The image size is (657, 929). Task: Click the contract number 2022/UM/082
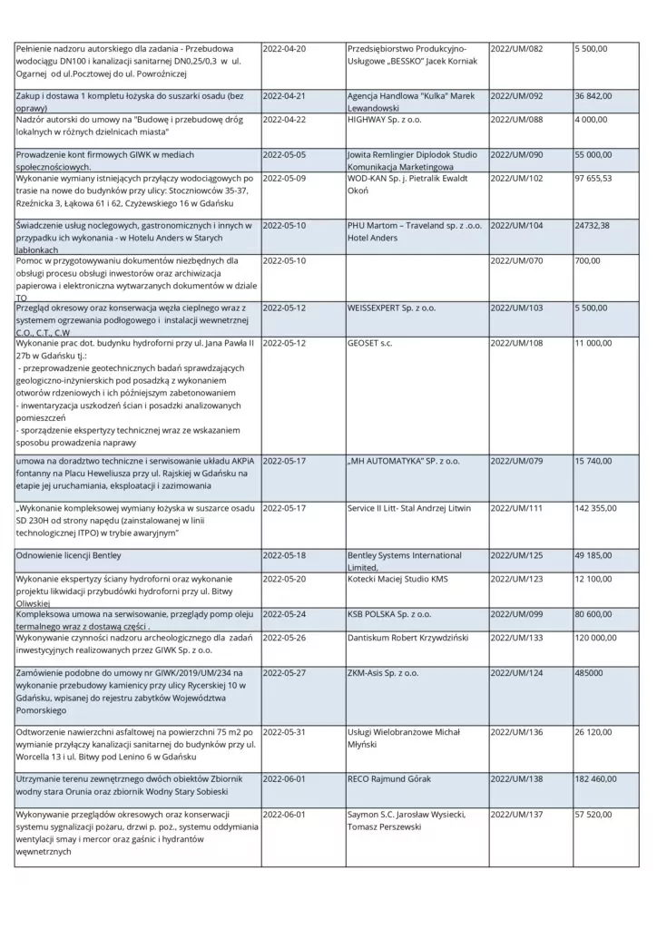(x=516, y=48)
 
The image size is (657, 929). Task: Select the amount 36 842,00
(x=593, y=95)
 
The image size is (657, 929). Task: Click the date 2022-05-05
(x=284, y=155)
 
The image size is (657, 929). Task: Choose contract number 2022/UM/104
(x=516, y=225)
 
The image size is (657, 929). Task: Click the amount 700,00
(x=587, y=260)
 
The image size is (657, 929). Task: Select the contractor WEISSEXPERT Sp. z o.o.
(x=391, y=308)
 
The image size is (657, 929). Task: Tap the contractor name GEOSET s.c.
(x=369, y=343)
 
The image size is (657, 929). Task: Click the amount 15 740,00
(x=593, y=461)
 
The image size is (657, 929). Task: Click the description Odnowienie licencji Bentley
(x=68, y=555)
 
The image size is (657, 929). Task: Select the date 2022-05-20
(x=284, y=579)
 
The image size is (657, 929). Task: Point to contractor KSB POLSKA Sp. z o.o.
(x=389, y=614)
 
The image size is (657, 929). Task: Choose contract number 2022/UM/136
(x=516, y=731)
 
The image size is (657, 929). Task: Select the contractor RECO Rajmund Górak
(x=389, y=778)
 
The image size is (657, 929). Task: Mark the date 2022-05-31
(x=284, y=731)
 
